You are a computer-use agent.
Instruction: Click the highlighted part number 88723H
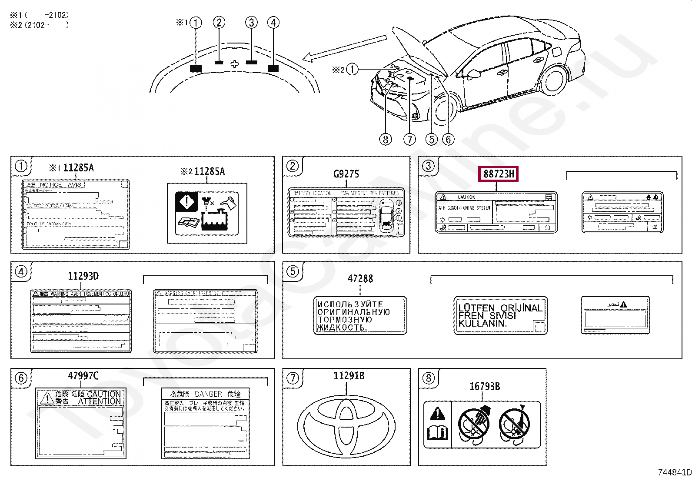coord(499,174)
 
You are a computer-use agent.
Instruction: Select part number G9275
coord(346,174)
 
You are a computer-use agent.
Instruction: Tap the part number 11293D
coord(83,276)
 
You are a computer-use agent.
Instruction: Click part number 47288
coord(360,278)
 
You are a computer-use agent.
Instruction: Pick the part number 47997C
coord(83,376)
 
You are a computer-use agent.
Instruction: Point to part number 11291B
coord(349,376)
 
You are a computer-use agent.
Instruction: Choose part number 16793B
coord(484,386)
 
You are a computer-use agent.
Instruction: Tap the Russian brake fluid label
coord(360,316)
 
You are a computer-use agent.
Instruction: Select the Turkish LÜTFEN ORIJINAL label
coord(500,316)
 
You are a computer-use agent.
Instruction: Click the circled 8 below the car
coord(385,140)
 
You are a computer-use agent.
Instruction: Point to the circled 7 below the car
coord(409,140)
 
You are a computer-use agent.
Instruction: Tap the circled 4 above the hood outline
coord(273,23)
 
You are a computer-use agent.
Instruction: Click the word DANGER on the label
coord(208,394)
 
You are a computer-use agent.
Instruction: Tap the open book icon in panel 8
coord(438,432)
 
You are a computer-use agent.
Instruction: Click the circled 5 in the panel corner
coord(293,271)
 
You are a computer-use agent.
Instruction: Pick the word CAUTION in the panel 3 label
coord(466,197)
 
